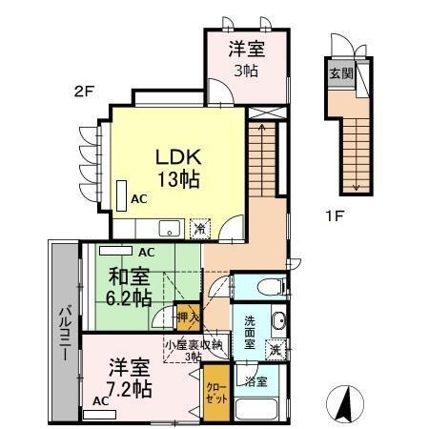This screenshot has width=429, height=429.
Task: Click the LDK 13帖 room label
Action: pyautogui.click(x=178, y=166)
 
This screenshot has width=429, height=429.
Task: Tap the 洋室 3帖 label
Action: pyautogui.click(x=246, y=57)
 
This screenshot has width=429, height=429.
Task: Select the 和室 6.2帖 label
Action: pyautogui.click(x=129, y=287)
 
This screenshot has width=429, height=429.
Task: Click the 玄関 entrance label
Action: pyautogui.click(x=339, y=73)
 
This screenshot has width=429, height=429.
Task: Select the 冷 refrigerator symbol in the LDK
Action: pyautogui.click(x=199, y=228)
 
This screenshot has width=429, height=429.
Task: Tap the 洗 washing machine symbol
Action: pyautogui.click(x=275, y=349)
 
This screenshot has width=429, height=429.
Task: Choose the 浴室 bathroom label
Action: pyautogui.click(x=255, y=382)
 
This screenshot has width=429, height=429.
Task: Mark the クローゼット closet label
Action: pyautogui.click(x=216, y=391)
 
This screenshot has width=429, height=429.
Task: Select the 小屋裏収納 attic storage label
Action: pyautogui.click(x=192, y=349)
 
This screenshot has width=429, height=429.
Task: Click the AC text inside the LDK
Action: pyautogui.click(x=138, y=198)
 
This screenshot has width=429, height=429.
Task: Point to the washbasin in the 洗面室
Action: pyautogui.click(x=278, y=319)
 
